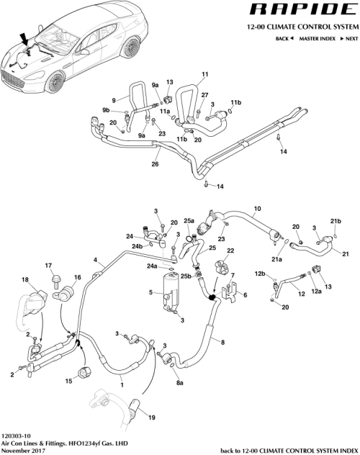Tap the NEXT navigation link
point(349,37)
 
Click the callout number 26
point(154,164)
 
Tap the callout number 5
point(149,292)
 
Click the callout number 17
point(49,266)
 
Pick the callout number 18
point(24,279)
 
